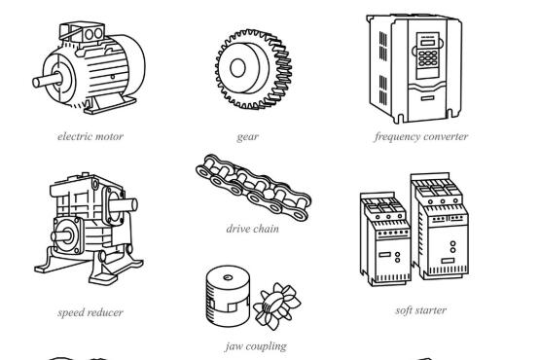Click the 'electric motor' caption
click(90, 136)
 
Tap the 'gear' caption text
click(247, 137)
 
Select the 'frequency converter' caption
click(421, 137)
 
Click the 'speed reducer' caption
click(90, 312)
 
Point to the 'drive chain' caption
click(252, 229)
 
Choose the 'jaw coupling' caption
click(256, 345)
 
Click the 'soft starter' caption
click(421, 310)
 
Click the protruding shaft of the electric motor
click(47, 81)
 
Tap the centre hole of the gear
click(237, 67)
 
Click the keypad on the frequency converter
click(428, 58)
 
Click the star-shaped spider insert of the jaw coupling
click(277, 306)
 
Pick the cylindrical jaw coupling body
click(228, 296)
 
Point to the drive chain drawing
click(254, 188)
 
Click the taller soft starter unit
click(440, 226)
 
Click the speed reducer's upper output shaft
click(123, 204)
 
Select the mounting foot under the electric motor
click(110, 104)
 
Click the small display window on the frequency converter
click(428, 43)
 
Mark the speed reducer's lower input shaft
click(62, 236)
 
